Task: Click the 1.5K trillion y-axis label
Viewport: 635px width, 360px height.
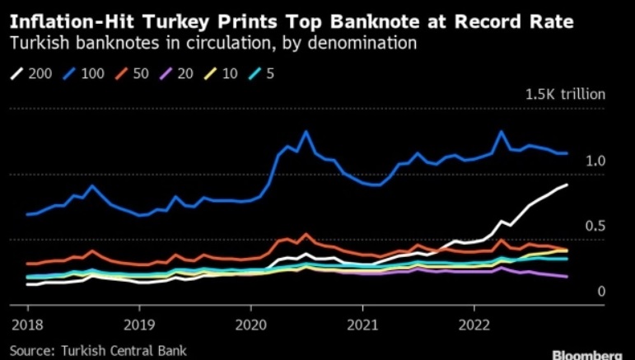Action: coord(565,94)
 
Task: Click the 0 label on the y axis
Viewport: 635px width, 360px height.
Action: coord(601,291)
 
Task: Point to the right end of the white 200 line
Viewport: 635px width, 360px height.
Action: coord(567,185)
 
